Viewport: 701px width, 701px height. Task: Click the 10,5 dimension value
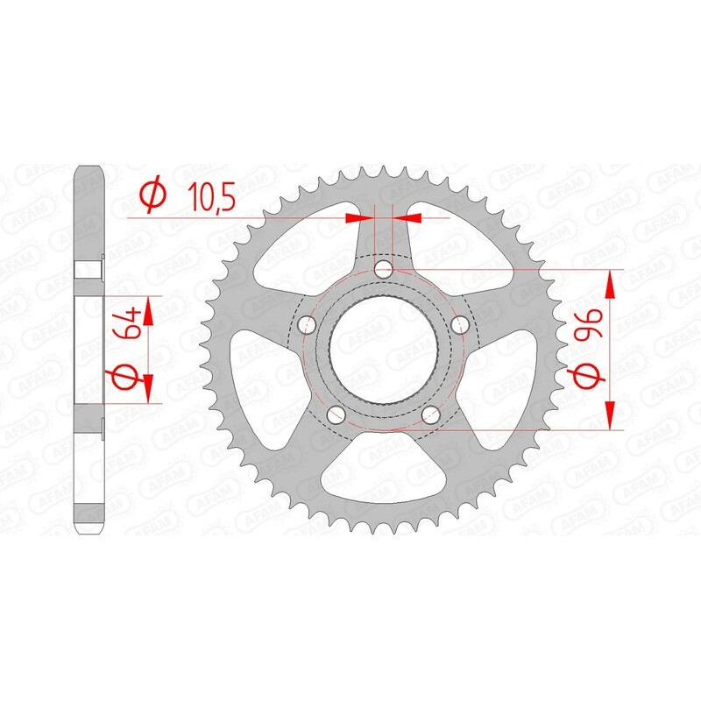click(210, 197)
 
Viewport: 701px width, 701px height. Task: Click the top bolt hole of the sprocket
click(383, 269)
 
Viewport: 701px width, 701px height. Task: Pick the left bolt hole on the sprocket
click(306, 325)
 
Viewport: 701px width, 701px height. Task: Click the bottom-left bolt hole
click(335, 415)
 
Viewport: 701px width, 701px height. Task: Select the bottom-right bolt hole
click(430, 415)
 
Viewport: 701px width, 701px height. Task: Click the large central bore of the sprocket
click(383, 350)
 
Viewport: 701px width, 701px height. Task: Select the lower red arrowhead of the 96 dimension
click(610, 416)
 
